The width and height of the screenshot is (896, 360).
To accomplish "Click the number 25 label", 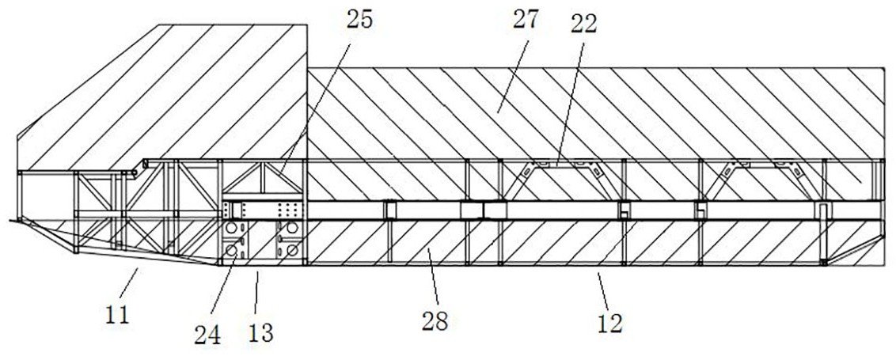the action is (358, 20).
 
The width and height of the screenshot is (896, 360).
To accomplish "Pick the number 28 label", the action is (435, 321).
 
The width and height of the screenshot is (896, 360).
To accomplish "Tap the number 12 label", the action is (609, 321).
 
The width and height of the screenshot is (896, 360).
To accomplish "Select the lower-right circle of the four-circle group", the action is (292, 250).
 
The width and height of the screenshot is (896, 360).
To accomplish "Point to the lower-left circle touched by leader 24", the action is (233, 250).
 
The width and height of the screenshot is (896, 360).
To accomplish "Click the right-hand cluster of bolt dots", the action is (288, 210).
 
